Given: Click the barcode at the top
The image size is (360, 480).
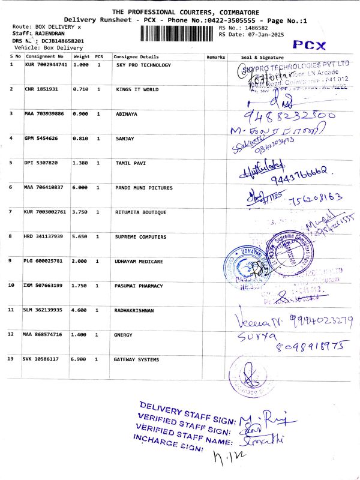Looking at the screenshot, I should tap(178, 34).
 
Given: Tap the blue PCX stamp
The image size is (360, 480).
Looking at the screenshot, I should tap(309, 46).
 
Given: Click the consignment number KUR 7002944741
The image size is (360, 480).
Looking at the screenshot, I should tap(46, 65).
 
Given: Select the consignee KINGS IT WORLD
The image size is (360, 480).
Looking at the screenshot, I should tap(137, 89).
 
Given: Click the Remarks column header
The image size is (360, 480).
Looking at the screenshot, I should tap(215, 56).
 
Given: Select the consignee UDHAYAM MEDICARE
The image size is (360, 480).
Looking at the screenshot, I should tap(140, 261).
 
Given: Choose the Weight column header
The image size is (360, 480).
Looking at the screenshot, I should tap(81, 56).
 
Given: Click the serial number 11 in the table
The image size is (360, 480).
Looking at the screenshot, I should tap(11, 310).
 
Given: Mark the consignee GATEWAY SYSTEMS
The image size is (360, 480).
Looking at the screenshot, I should tap(137, 359).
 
